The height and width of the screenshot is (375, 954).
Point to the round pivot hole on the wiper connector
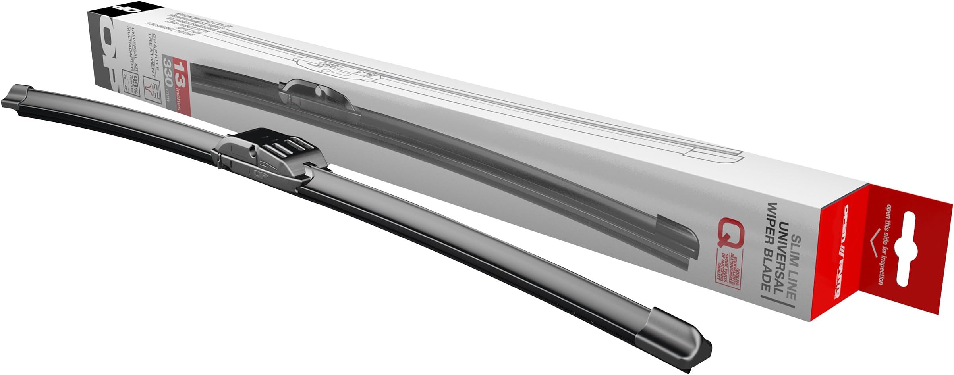tap(254, 151)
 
